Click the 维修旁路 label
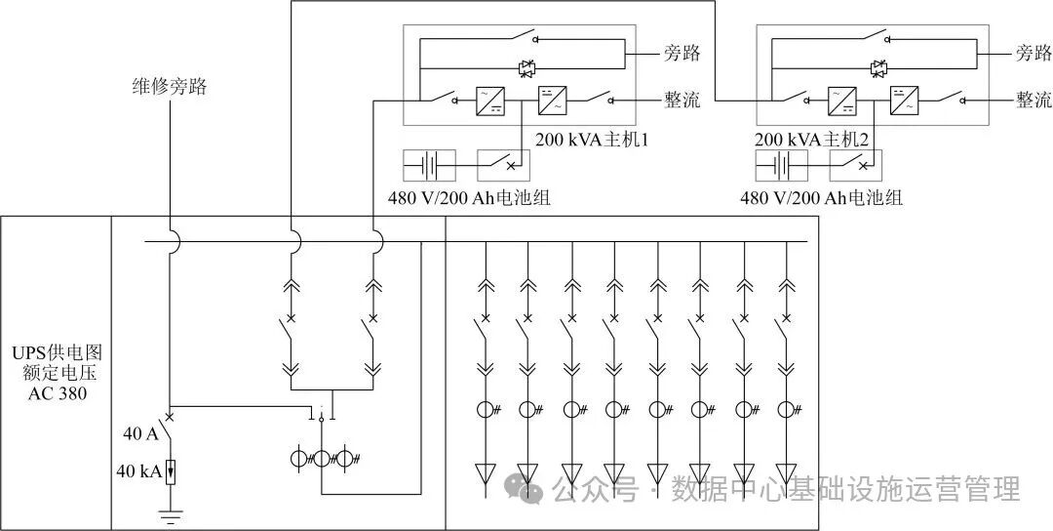coord(171,87)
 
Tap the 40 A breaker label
coord(140,433)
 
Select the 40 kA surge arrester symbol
coord(172,471)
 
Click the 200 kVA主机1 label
coord(592,141)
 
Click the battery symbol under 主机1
coord(432,165)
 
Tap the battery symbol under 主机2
coord(784,165)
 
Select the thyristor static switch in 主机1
coord(526,68)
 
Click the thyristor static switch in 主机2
coord(878,68)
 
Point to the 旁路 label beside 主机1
coord(682,53)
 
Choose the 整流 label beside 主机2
coord(1033,100)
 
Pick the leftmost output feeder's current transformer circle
coord(485,410)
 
